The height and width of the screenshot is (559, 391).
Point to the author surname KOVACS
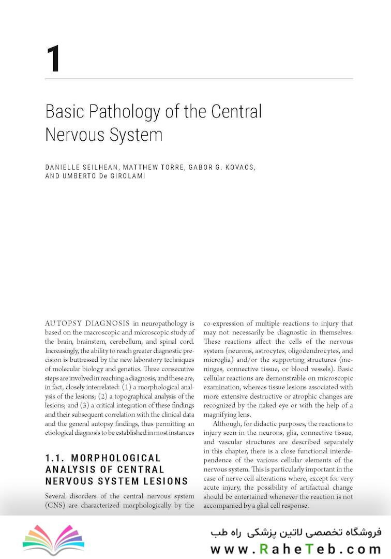pos(238,168)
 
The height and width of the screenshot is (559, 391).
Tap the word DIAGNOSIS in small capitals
pos(108,323)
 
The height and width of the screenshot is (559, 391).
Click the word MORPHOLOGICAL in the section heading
pos(116,458)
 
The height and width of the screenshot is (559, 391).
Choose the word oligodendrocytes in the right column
pos(304,350)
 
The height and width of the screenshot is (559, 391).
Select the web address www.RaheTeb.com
pos(296,549)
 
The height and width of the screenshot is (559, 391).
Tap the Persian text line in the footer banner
pos(296,532)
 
